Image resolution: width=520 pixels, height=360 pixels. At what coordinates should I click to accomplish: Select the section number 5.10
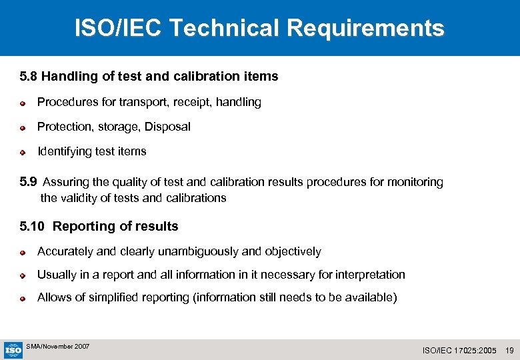(x=32, y=227)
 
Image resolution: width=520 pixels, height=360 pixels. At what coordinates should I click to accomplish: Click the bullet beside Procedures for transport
(x=22, y=103)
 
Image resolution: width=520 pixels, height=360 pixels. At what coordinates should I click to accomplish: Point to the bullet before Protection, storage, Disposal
(x=22, y=127)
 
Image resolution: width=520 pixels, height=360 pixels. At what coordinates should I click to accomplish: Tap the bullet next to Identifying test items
(x=22, y=152)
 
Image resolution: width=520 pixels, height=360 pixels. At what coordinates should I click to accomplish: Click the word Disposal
(x=167, y=127)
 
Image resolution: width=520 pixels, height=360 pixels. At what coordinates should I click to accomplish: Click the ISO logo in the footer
(x=13, y=350)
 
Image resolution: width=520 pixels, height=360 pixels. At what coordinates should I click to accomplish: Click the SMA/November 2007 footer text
(x=57, y=347)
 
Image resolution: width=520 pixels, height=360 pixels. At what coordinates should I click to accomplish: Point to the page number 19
(x=510, y=350)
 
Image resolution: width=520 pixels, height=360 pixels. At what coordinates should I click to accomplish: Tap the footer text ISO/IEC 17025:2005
(x=460, y=350)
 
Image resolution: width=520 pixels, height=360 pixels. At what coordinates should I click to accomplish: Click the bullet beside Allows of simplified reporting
(x=22, y=299)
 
